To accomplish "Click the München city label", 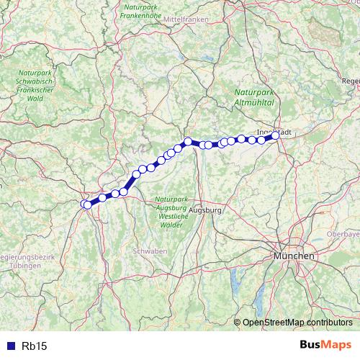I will point(294,256).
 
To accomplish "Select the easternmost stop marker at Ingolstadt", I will point(275,135).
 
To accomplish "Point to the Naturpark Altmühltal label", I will point(254,98).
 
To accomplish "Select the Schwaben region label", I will point(150,251).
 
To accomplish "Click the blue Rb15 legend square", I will point(9,346).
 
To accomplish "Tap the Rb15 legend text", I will point(35,346).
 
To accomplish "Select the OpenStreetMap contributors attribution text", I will point(297,323).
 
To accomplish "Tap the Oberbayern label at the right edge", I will point(343,234).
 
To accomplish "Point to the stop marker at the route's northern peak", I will point(187,142).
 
